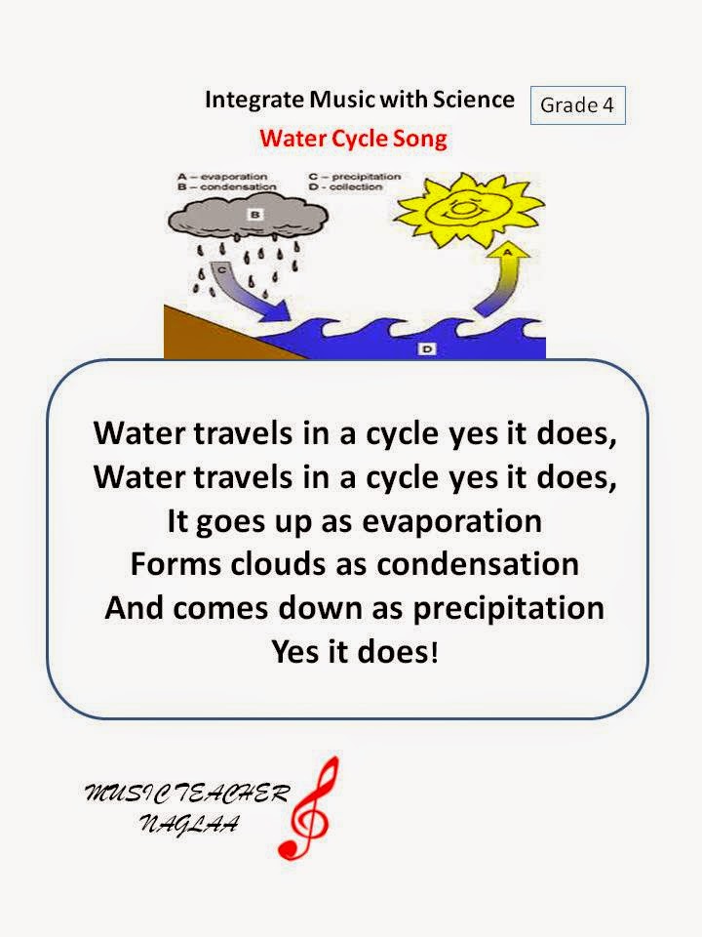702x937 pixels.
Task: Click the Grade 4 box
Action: pyautogui.click(x=576, y=105)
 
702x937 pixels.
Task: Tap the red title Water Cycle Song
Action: pyautogui.click(x=353, y=138)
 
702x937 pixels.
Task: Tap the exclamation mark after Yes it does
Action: pyautogui.click(x=434, y=650)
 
